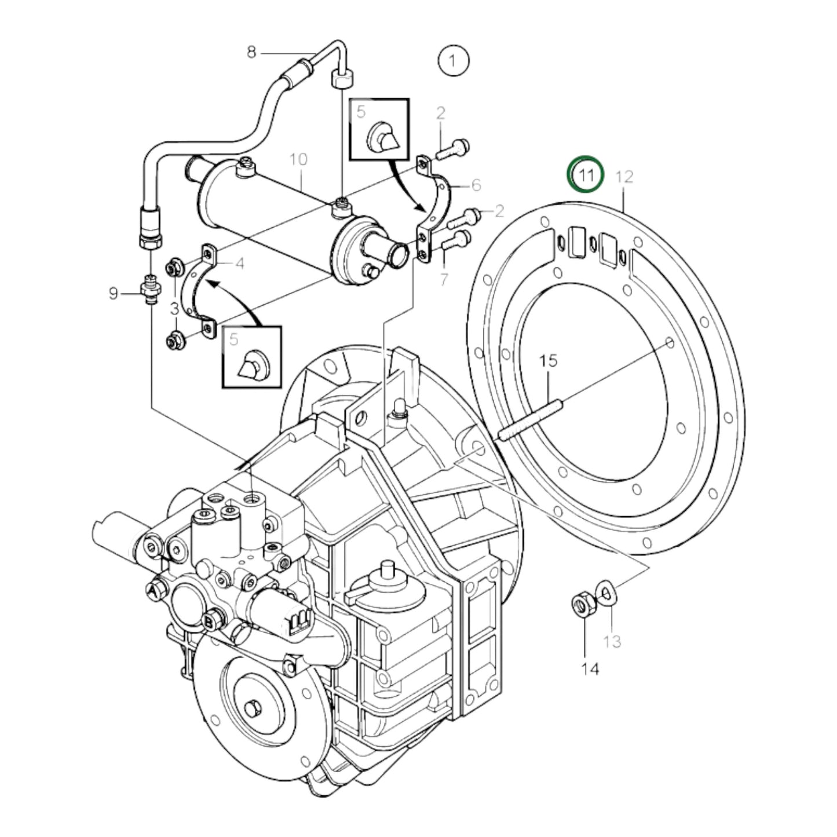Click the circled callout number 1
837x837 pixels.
pos(453,60)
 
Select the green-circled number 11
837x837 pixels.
pos(586,174)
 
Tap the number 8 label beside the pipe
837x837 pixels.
pos(251,52)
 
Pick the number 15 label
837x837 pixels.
pos(548,361)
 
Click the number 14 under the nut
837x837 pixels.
pos(590,669)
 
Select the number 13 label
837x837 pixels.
pos(612,641)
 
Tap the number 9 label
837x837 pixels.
pos(114,294)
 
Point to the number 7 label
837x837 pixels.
pos(444,279)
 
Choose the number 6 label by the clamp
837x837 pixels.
pos(476,185)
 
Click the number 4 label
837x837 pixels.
pos(239,264)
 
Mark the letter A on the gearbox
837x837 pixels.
pos(152,590)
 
